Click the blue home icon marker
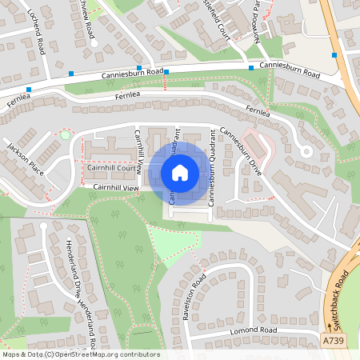point(180,174)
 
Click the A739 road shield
point(334,341)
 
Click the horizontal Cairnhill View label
point(116,187)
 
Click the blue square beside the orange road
point(334,55)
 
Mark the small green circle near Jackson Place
point(65,135)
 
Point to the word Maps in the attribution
point(11,354)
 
